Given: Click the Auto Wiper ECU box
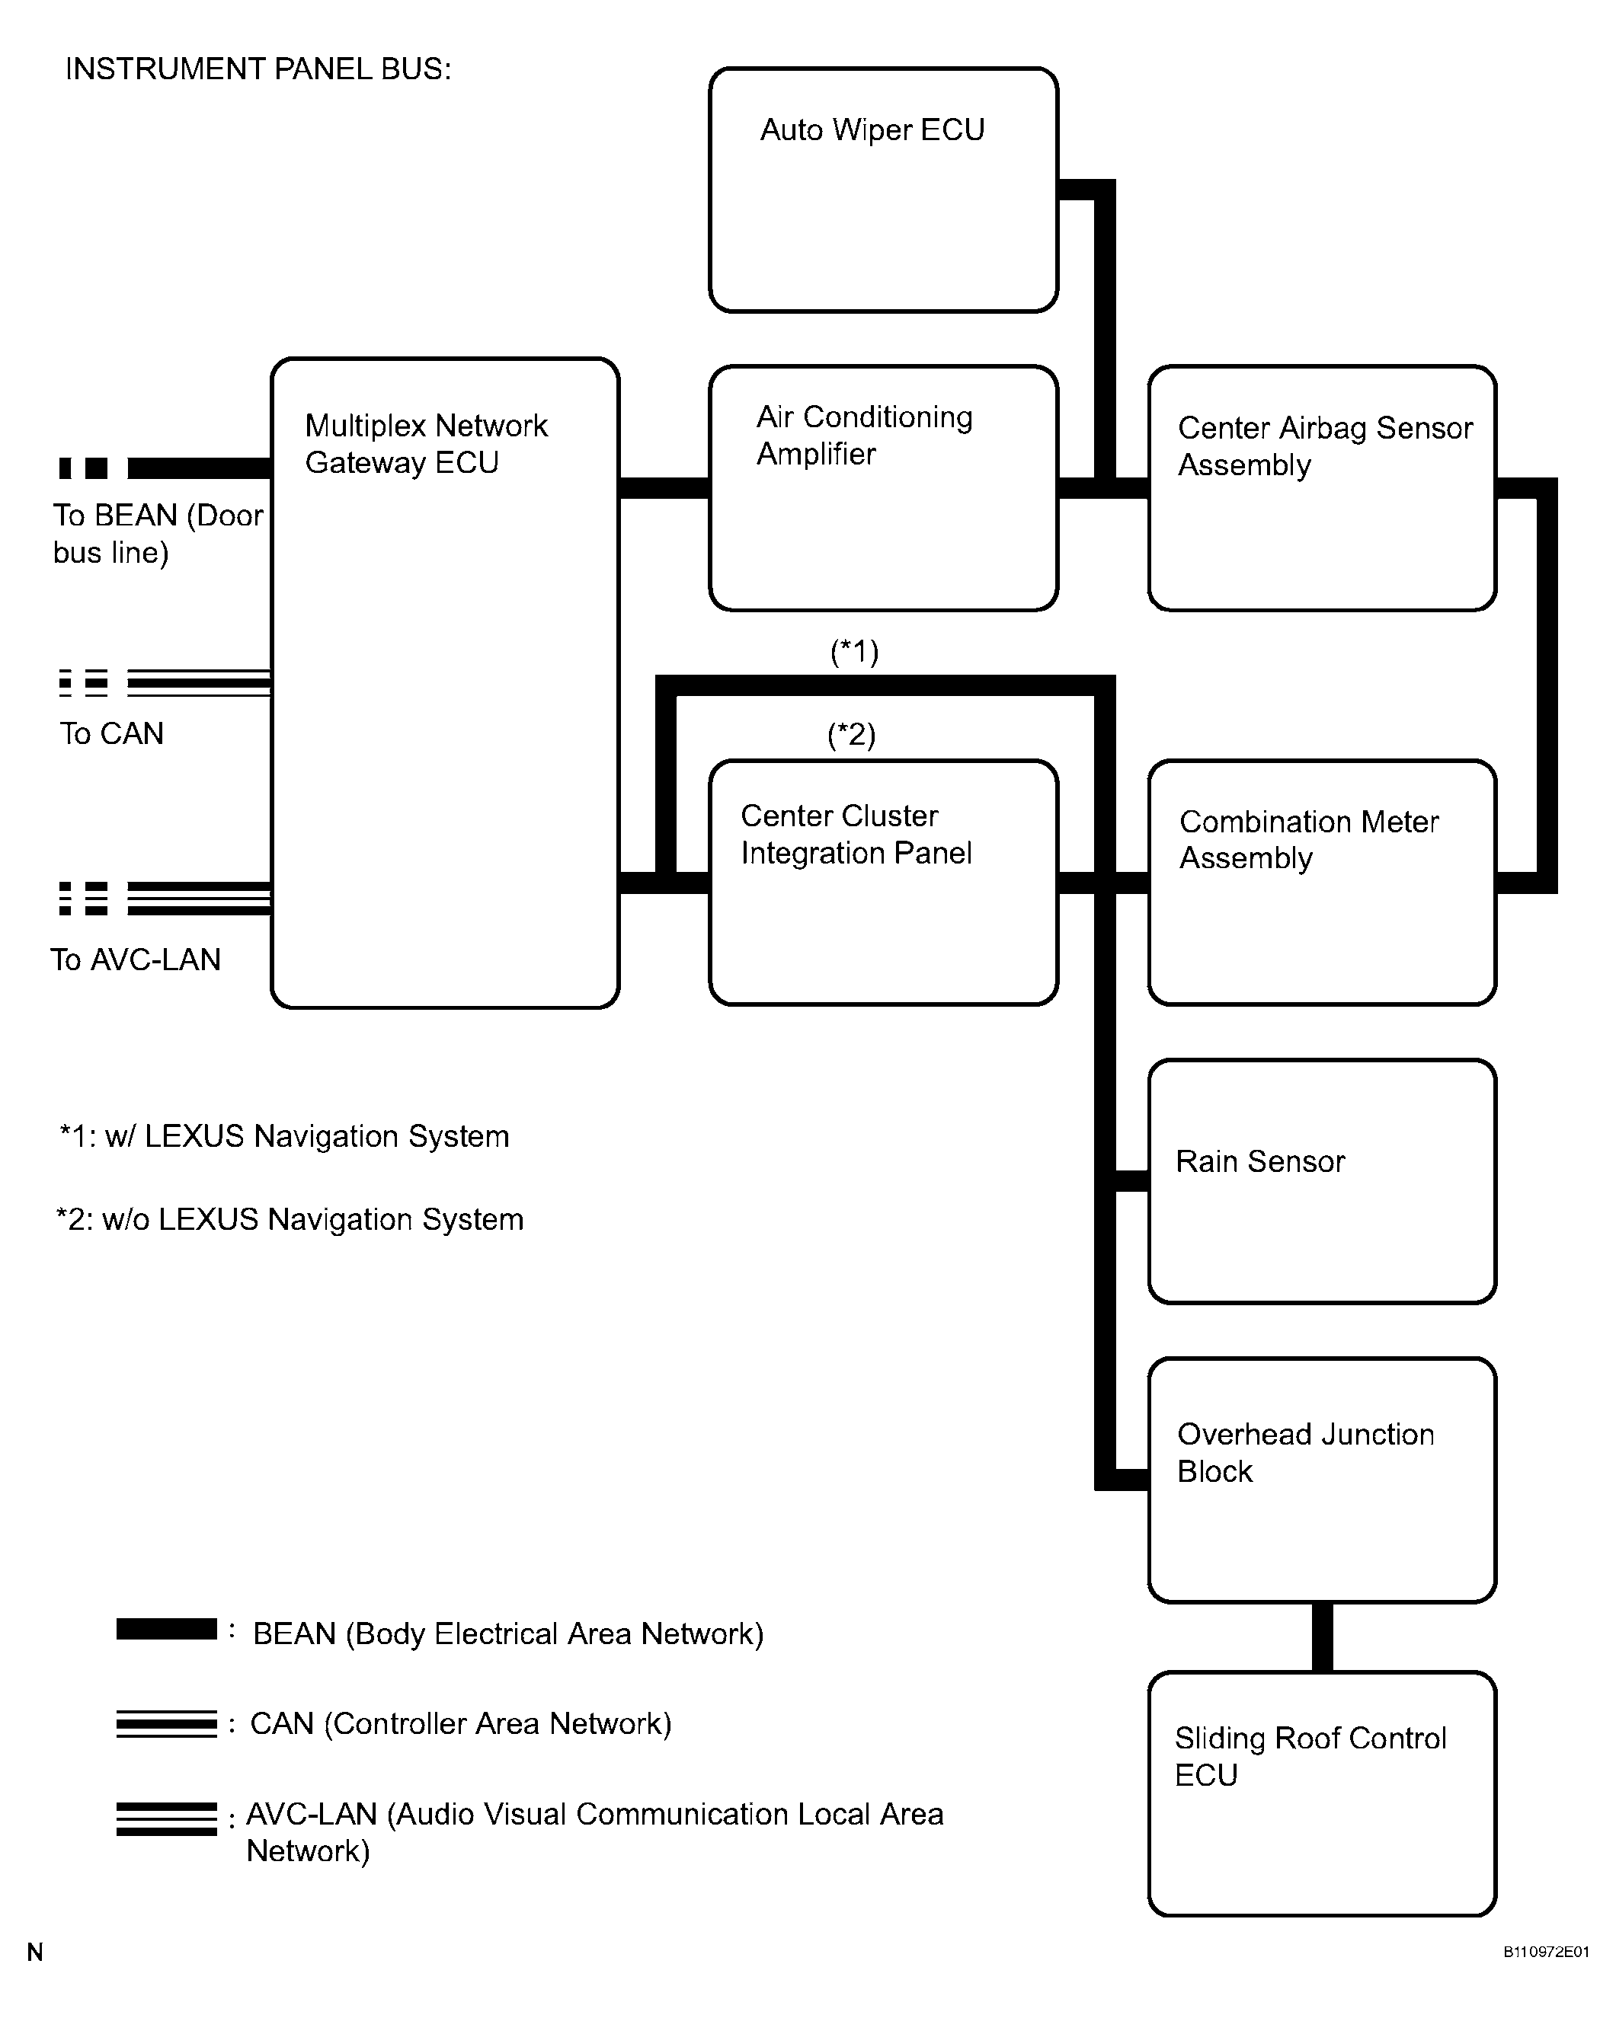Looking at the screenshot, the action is (883, 190).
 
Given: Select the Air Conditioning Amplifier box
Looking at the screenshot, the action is (883, 487).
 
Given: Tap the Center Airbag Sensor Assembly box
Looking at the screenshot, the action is (1322, 487).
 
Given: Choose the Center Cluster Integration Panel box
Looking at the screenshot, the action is (883, 883).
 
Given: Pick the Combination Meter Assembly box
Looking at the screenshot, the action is (1322, 883).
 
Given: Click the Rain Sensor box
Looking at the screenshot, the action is (1322, 1181).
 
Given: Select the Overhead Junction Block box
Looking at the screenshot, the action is (1322, 1480).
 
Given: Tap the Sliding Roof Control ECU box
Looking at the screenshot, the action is (1322, 1793).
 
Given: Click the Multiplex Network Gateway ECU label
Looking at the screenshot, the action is (426, 444).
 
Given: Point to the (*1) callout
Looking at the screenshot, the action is (854, 650).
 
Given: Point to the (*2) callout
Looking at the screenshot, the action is (851, 734).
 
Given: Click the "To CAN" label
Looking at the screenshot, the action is (111, 733).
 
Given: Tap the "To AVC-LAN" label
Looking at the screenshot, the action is (136, 960).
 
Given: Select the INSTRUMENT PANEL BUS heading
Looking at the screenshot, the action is (258, 69).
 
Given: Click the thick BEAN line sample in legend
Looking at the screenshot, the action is (167, 1630).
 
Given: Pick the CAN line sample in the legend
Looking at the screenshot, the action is (167, 1724).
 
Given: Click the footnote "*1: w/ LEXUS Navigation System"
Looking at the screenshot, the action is (283, 1136).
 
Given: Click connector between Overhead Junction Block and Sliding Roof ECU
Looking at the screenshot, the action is (1322, 1637).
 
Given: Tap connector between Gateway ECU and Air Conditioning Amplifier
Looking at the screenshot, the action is (664, 487).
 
